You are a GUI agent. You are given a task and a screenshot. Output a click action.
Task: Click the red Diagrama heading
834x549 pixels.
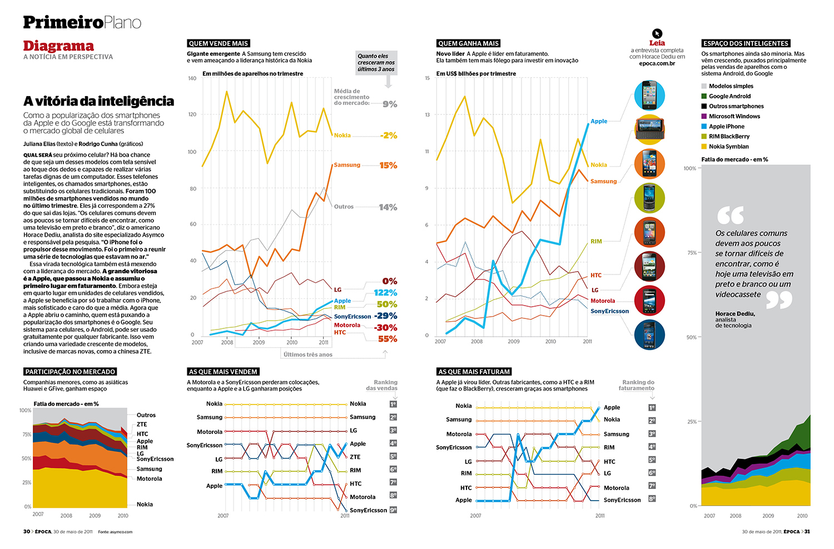[x=58, y=46]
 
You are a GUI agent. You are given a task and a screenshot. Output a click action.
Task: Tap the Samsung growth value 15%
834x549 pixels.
[x=388, y=166]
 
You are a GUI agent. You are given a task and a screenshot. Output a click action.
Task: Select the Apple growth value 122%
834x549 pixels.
[x=385, y=293]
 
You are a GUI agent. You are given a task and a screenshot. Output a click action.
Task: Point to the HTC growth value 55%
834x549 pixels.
[x=388, y=339]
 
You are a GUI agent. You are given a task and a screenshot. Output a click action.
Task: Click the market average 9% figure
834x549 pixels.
[x=390, y=104]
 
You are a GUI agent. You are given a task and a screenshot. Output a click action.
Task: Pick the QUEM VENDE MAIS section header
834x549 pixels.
[x=218, y=43]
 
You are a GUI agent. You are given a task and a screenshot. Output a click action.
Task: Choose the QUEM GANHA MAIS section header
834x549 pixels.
[x=468, y=43]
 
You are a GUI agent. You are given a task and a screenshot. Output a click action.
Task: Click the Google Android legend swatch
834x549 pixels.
[x=704, y=96]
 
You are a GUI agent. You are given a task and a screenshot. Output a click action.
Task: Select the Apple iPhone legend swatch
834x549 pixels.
[x=704, y=127]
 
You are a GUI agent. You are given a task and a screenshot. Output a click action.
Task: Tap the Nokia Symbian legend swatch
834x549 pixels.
[x=704, y=147]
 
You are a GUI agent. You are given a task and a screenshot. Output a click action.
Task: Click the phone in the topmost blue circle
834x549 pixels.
[x=649, y=95]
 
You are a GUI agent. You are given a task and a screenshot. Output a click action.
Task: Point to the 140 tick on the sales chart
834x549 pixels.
[x=192, y=78]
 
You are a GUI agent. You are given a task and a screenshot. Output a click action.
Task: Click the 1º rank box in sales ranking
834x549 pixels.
[x=393, y=404]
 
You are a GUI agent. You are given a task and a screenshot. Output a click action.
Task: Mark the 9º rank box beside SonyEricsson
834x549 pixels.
[x=393, y=510]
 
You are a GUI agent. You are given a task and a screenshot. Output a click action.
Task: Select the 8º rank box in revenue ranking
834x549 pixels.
[x=652, y=499]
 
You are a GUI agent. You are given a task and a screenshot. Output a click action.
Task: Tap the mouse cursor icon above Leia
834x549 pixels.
[x=657, y=33]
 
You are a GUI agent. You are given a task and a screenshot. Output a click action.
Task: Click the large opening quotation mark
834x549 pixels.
[x=730, y=215]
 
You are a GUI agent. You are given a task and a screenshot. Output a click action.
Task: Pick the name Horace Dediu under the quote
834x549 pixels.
[x=735, y=314]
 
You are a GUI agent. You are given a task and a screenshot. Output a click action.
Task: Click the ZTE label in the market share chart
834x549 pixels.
[x=142, y=425]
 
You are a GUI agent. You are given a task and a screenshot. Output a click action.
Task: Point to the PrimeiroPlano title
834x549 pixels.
[x=82, y=22]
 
